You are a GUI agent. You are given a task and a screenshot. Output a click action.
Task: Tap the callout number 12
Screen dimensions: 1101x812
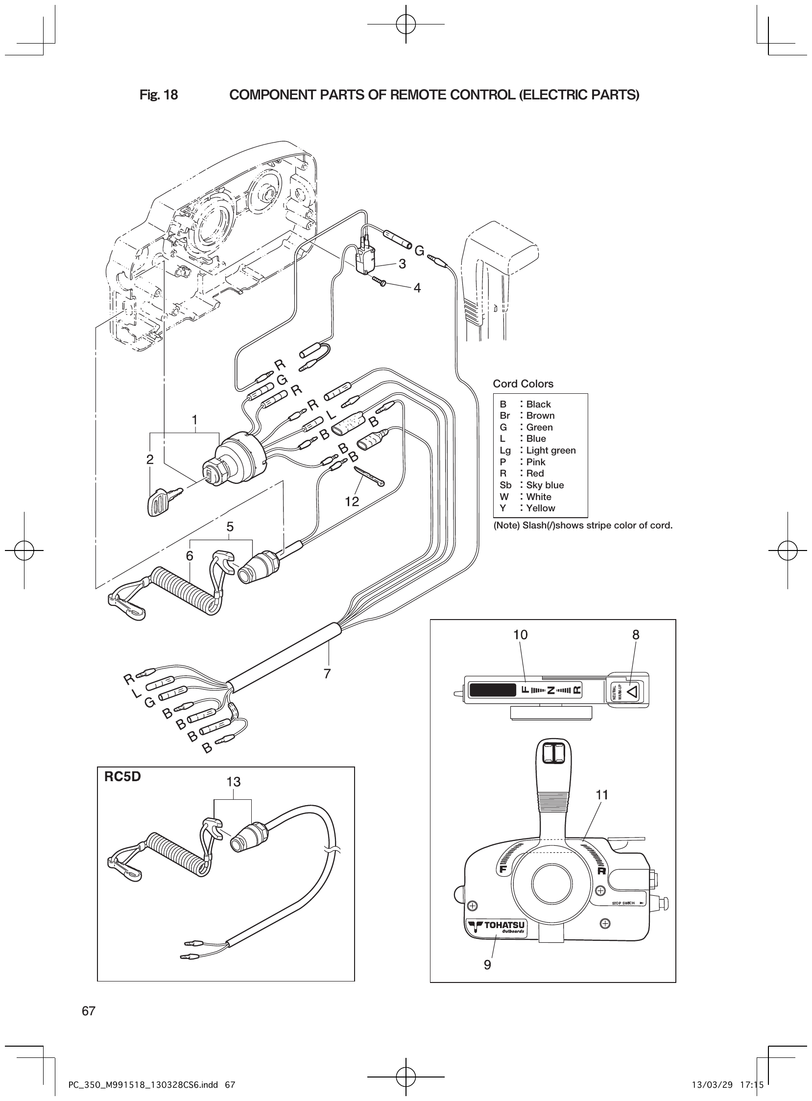(x=352, y=502)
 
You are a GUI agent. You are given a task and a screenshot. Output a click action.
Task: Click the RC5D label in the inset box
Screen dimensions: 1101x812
(x=122, y=777)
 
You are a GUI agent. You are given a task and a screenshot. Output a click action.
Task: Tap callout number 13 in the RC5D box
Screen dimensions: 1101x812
(x=234, y=782)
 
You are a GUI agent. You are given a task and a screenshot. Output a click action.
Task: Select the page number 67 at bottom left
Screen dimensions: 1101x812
(x=89, y=1011)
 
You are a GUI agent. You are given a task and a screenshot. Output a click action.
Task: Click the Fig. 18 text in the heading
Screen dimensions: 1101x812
(x=159, y=95)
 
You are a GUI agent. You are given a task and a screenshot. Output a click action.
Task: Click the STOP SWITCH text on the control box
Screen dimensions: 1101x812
(x=623, y=903)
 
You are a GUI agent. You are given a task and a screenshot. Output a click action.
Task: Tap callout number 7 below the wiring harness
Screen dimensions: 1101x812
(x=327, y=673)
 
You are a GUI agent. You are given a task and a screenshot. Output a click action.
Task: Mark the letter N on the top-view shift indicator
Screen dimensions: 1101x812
(x=551, y=690)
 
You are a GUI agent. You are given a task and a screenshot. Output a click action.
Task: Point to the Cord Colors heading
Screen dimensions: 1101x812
(x=523, y=384)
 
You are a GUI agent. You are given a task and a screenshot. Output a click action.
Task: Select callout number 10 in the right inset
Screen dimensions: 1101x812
(x=520, y=635)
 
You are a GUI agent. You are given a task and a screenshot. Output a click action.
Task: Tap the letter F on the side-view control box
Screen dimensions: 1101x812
(x=502, y=869)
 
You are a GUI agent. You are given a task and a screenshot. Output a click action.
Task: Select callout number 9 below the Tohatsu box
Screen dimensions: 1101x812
(x=487, y=965)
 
